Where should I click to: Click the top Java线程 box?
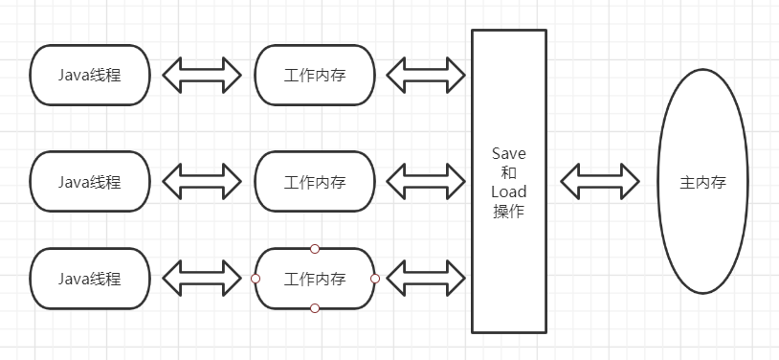tap(90, 74)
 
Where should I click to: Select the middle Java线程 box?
tap(90, 181)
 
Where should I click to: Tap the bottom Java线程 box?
tap(90, 279)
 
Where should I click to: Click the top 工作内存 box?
tap(315, 74)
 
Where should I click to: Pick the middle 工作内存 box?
tap(315, 181)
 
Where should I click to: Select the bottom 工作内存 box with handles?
tap(315, 279)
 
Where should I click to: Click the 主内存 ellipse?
tap(703, 181)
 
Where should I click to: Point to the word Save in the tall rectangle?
tap(508, 153)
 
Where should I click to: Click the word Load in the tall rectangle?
tap(508, 191)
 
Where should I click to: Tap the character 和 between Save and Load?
tap(508, 172)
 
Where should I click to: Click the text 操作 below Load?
tap(508, 212)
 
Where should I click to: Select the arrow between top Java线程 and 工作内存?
tap(202, 74)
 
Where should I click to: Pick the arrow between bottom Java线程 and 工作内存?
tap(202, 279)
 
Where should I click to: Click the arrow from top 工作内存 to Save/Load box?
tap(425, 74)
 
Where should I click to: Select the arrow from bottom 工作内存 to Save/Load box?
tap(425, 279)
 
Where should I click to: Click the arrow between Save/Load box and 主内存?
tap(600, 181)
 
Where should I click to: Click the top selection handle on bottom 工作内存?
tap(315, 249)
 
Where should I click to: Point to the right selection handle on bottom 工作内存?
tap(375, 279)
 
